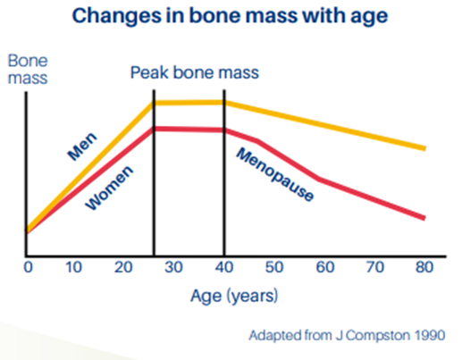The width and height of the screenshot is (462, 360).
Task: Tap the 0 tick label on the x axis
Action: click(28, 267)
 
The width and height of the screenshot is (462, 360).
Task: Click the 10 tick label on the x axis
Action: click(73, 267)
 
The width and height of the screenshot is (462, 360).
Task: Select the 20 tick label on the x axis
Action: click(123, 267)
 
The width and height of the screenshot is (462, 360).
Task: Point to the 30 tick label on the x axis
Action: click(173, 267)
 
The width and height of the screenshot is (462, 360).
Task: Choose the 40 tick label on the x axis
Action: click(223, 267)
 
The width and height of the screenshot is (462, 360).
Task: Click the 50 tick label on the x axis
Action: click(273, 267)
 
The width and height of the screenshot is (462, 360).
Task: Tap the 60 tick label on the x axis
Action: click(323, 267)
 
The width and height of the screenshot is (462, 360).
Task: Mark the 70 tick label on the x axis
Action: click(374, 267)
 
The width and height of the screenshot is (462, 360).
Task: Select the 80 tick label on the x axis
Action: click(424, 267)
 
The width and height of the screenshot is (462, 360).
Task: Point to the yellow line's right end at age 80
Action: click(424, 148)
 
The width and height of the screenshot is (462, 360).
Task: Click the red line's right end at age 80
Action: click(424, 218)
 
